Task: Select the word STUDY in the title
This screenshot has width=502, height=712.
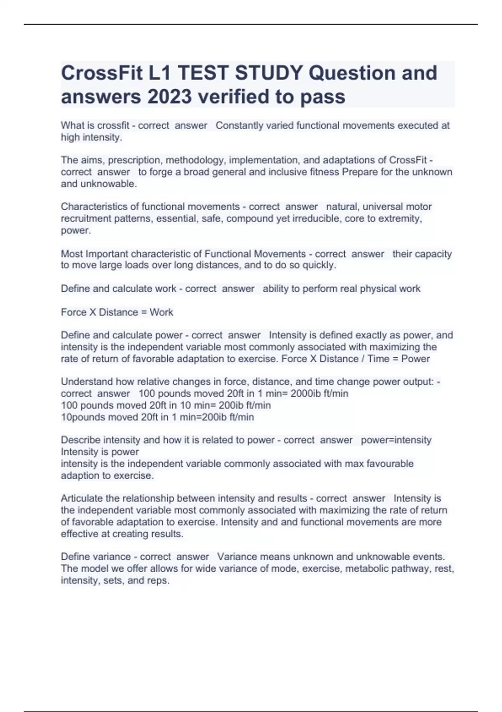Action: [269, 73]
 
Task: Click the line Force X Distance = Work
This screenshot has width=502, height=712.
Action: [117, 312]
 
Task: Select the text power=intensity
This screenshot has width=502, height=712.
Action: [396, 440]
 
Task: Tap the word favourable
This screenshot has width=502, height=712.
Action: [388, 464]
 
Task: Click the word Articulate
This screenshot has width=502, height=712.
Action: [82, 498]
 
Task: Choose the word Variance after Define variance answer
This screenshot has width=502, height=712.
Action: [237, 557]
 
